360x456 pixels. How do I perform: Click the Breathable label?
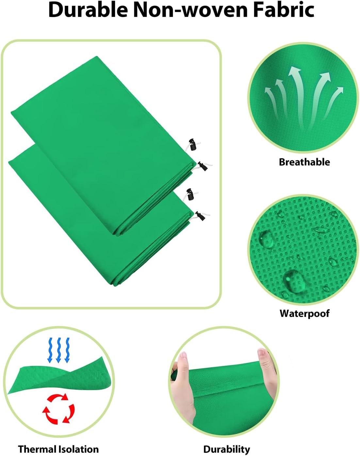(x=304, y=162)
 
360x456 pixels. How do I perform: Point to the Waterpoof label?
(x=304, y=313)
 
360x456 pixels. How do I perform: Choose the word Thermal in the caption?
(x=37, y=449)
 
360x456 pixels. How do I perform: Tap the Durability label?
(x=226, y=449)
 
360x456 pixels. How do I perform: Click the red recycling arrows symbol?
(x=59, y=409)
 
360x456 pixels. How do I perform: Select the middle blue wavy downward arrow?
(x=59, y=350)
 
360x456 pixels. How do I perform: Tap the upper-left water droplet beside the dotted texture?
(x=266, y=239)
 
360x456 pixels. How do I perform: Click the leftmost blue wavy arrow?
(x=50, y=350)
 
